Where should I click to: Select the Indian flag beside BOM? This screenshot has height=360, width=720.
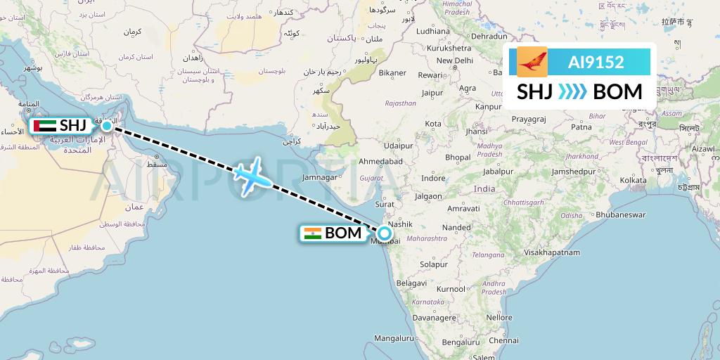312,233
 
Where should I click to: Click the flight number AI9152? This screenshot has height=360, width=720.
596,62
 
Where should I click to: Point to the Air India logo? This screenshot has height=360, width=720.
532,62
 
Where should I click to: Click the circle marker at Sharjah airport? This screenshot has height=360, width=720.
107,126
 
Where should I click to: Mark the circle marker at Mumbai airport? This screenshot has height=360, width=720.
385,233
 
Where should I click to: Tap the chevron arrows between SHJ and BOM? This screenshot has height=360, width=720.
576,92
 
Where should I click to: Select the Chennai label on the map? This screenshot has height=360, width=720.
484,340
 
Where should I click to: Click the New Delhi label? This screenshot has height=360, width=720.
454,60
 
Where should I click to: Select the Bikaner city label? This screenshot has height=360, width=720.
392,72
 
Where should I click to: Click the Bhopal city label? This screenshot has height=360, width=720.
457,157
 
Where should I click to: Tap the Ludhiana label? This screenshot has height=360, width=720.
432,31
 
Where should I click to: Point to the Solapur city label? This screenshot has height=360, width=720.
433,264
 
